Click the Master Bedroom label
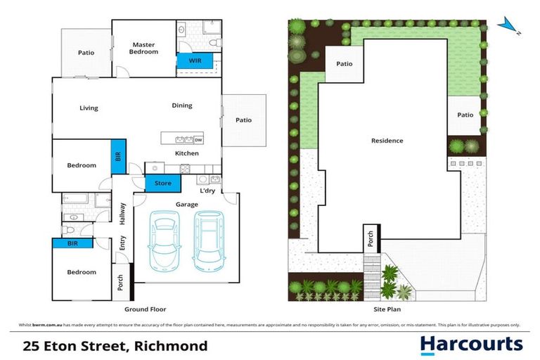tap(144, 48)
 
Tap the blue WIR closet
tap(195, 62)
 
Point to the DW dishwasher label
tap(198, 139)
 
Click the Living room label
tap(89, 108)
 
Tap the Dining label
tap(181, 105)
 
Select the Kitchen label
tap(186, 153)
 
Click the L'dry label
tap(207, 191)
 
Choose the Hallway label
tap(122, 214)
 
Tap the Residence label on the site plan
tap(387, 141)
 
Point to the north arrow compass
tap(508, 26)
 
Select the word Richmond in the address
tap(175, 345)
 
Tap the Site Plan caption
tap(386, 309)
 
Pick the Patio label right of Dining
tap(243, 120)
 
